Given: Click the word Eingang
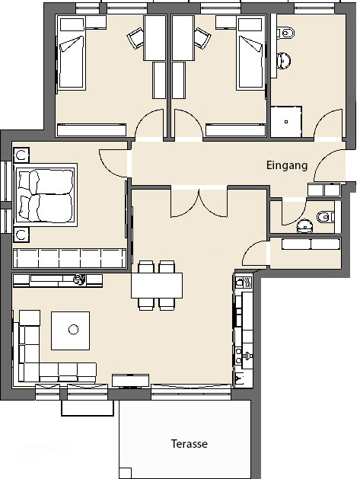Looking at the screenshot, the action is coord(287,165).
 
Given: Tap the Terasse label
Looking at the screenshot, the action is coord(190,443).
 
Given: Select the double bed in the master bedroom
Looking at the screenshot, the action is coord(46,193).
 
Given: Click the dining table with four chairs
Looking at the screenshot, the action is coord(157,286).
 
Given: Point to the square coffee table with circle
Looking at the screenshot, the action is coord(71,331).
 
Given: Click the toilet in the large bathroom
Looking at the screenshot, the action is coord(286,32).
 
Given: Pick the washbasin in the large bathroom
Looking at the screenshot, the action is coord(283,60).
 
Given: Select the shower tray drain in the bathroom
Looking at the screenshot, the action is coord(286,122).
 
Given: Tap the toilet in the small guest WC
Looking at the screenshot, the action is coord(326,218).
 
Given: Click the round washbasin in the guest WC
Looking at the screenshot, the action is coord(304,226).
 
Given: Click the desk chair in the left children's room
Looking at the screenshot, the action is coord(135,37).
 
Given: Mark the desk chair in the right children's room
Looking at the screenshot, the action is coord(202,37).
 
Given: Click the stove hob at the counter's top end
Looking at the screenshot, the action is coord(244,283).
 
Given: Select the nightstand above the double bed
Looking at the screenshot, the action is coord(21,155).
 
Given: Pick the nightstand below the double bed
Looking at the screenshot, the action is coord(21,235).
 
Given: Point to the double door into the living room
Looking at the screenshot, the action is coord(199,203).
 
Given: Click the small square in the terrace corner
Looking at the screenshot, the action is coord(126,473).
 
